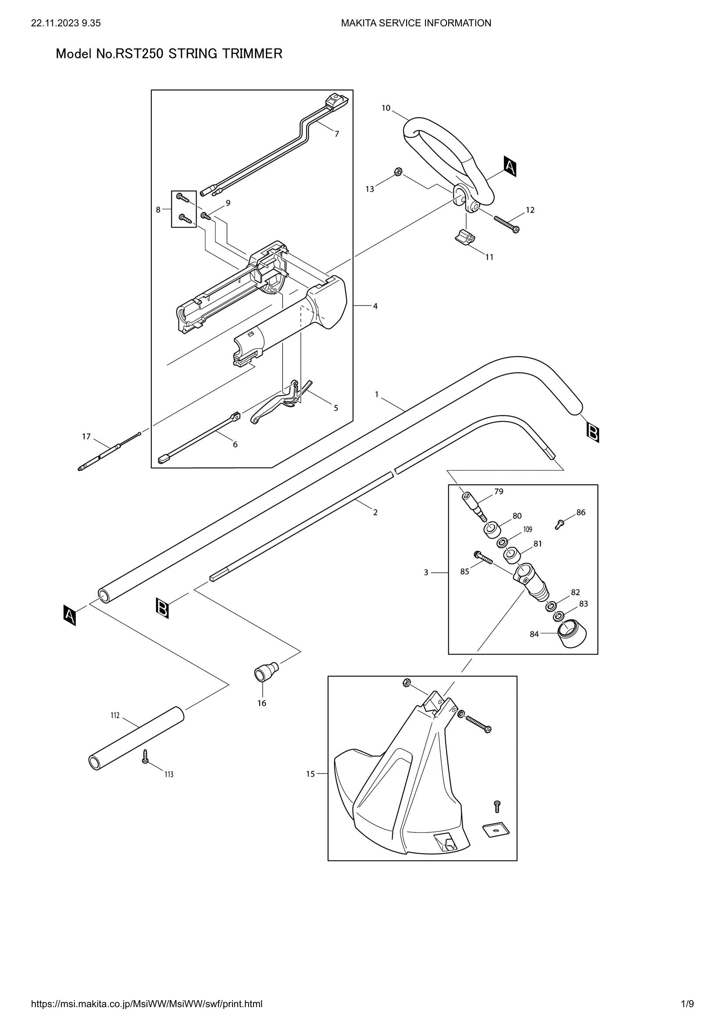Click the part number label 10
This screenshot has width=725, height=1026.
(x=386, y=108)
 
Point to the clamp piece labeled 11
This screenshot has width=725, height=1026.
(x=464, y=237)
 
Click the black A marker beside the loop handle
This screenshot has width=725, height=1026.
(x=510, y=167)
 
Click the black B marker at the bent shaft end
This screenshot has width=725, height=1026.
(x=593, y=432)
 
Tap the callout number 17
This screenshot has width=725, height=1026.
(x=86, y=436)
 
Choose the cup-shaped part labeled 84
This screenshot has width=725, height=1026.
(x=572, y=634)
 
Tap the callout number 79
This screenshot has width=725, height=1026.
(x=499, y=492)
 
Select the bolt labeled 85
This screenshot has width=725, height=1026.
(x=483, y=558)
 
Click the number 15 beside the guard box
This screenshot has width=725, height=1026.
(x=311, y=774)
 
